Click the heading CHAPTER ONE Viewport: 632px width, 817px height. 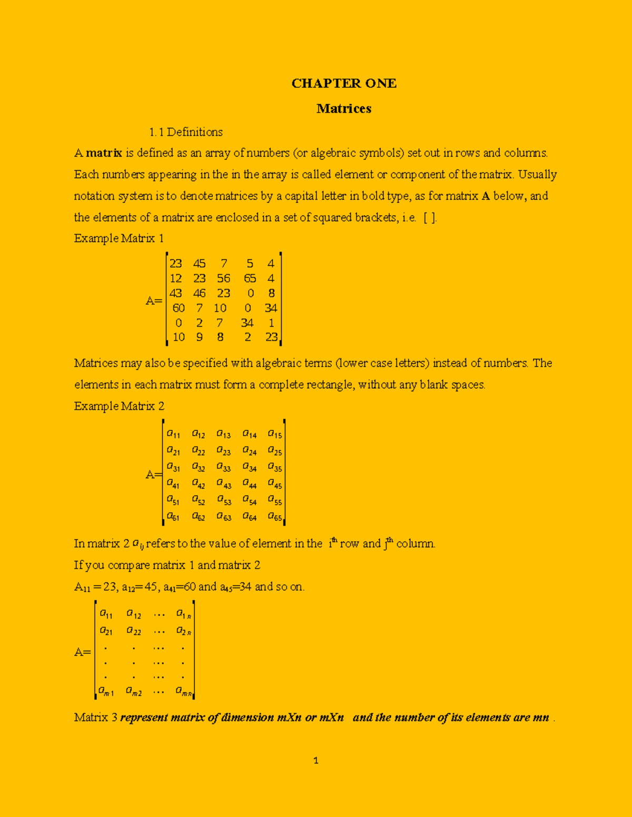(x=343, y=83)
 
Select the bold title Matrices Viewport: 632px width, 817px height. (x=343, y=108)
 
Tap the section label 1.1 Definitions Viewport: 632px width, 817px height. (x=185, y=132)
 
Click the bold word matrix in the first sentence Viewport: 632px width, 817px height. (x=104, y=153)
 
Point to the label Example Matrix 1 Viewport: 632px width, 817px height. (x=118, y=238)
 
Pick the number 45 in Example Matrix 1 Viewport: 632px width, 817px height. (x=199, y=264)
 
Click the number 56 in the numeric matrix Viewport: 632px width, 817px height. (x=223, y=278)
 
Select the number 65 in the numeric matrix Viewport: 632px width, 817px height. (x=250, y=278)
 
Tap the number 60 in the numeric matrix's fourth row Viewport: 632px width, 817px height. (x=179, y=308)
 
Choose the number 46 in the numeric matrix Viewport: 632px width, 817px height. (x=199, y=293)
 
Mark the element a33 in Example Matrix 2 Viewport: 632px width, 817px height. (x=223, y=467)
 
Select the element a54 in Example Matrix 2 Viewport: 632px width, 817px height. (x=249, y=500)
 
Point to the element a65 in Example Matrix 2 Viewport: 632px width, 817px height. (x=274, y=517)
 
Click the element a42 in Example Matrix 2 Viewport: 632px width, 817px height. (x=199, y=483)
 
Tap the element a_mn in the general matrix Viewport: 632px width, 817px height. (x=183, y=692)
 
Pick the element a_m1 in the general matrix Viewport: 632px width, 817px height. (x=106, y=692)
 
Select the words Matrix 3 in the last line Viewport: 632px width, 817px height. (x=95, y=718)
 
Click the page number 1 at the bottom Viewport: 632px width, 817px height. (x=315, y=760)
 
